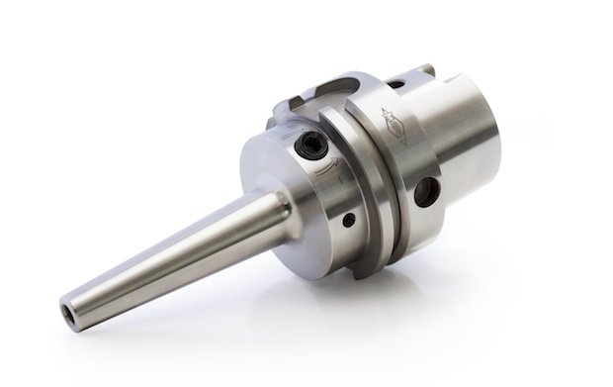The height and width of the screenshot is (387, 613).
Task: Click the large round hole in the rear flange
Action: click(426, 190)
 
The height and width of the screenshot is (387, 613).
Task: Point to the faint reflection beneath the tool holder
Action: click(297, 327)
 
